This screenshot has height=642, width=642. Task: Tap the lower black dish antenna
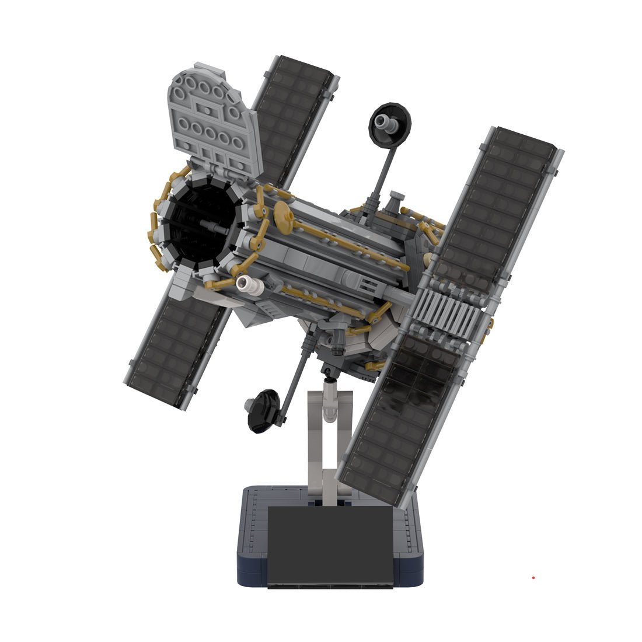click(x=263, y=411)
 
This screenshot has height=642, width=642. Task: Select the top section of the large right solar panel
click(x=496, y=204)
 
